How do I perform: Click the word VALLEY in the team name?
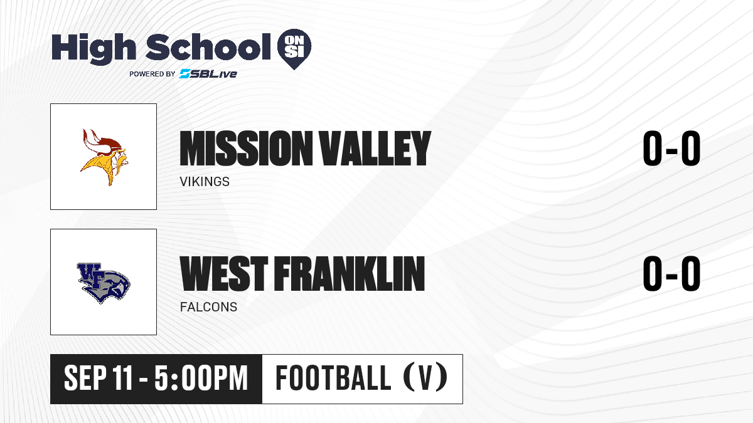[x=375, y=149]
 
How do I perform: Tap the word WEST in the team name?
[x=224, y=274]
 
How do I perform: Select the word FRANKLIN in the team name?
[x=350, y=274]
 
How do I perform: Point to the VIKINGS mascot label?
[x=205, y=182]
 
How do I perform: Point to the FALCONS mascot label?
[x=208, y=307]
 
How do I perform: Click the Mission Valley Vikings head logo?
[x=104, y=157]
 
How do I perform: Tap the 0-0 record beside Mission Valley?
[x=671, y=149]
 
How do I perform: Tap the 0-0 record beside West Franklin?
[x=671, y=274]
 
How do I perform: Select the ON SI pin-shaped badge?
[x=294, y=49]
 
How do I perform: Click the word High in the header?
[x=93, y=48]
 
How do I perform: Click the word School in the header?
[x=208, y=46]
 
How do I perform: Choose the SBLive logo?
[x=208, y=74]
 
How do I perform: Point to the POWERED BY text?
[x=152, y=74]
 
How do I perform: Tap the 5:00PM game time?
[x=201, y=378]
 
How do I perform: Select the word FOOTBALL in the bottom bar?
[x=333, y=378]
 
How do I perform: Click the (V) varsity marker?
[x=425, y=378]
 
